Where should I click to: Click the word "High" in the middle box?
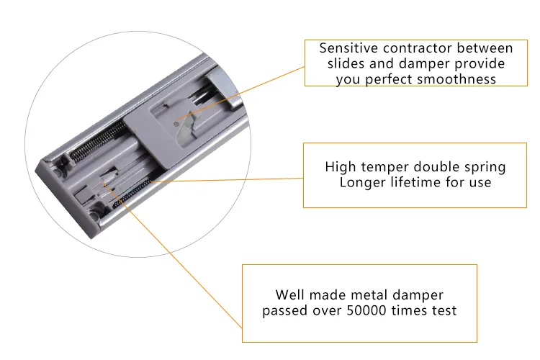[x=340, y=167]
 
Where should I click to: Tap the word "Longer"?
[x=362, y=182]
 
